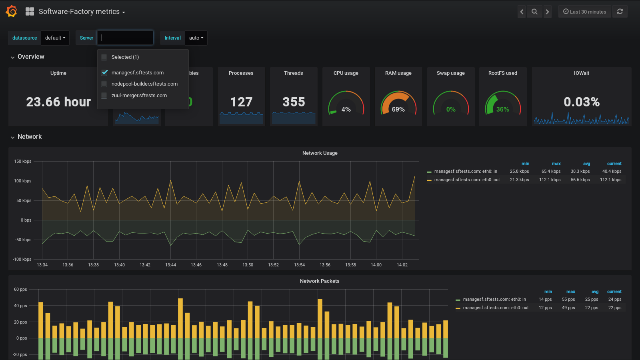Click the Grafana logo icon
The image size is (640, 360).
point(12,11)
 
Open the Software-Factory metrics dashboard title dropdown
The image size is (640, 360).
point(82,12)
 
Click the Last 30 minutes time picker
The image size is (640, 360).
point(584,12)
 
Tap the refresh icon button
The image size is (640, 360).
point(620,12)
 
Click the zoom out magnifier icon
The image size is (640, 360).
point(534,12)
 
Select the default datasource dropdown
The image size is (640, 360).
point(55,38)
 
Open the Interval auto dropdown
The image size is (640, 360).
point(196,38)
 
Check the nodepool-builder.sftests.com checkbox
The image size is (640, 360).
point(104,84)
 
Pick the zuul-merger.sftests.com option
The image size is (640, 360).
point(139,96)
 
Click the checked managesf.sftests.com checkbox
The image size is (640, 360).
point(104,72)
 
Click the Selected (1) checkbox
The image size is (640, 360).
point(104,57)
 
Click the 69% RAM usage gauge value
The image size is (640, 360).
point(398,109)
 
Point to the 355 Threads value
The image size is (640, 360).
point(294,102)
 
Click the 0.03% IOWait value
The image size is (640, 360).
point(581,102)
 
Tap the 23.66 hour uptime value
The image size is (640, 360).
point(58,102)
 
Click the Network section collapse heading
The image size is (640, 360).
point(29,137)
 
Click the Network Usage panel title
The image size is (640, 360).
point(320,153)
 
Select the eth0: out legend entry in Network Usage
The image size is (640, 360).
point(467,180)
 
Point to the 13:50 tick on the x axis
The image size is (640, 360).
point(248,265)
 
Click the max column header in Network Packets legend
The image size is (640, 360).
point(570,292)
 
